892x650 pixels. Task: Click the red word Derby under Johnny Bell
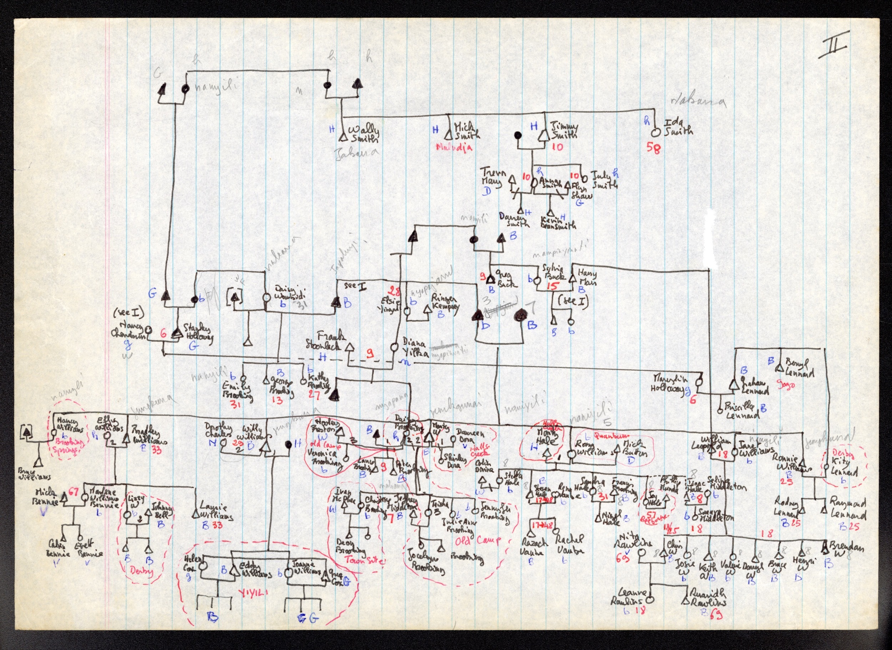pyautogui.click(x=142, y=571)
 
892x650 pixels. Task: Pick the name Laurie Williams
pyautogui.click(x=216, y=511)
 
